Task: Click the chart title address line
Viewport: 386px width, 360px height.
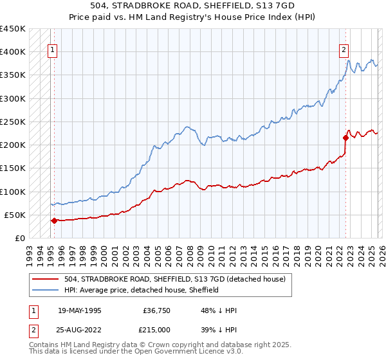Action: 193,6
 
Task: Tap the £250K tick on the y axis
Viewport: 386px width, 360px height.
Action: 12,122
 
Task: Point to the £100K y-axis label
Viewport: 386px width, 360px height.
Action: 12,192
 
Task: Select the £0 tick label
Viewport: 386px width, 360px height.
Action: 20,239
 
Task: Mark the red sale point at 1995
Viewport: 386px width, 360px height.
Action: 54,221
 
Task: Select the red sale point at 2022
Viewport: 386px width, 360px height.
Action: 345,138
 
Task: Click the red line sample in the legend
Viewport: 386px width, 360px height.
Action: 46,279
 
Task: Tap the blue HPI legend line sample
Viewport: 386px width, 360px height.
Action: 46,290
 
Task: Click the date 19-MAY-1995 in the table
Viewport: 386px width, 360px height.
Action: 79,310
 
